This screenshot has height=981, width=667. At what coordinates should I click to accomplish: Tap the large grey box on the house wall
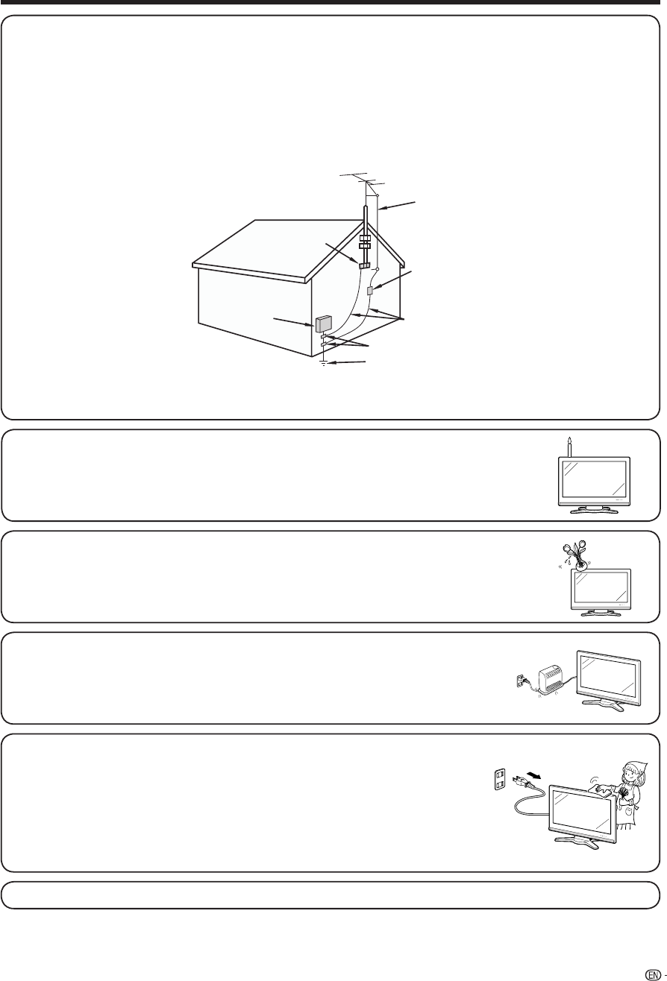[324, 324]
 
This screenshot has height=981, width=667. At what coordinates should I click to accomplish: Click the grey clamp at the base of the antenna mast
[365, 265]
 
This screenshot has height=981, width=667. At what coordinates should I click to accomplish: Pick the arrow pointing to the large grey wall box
[292, 321]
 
